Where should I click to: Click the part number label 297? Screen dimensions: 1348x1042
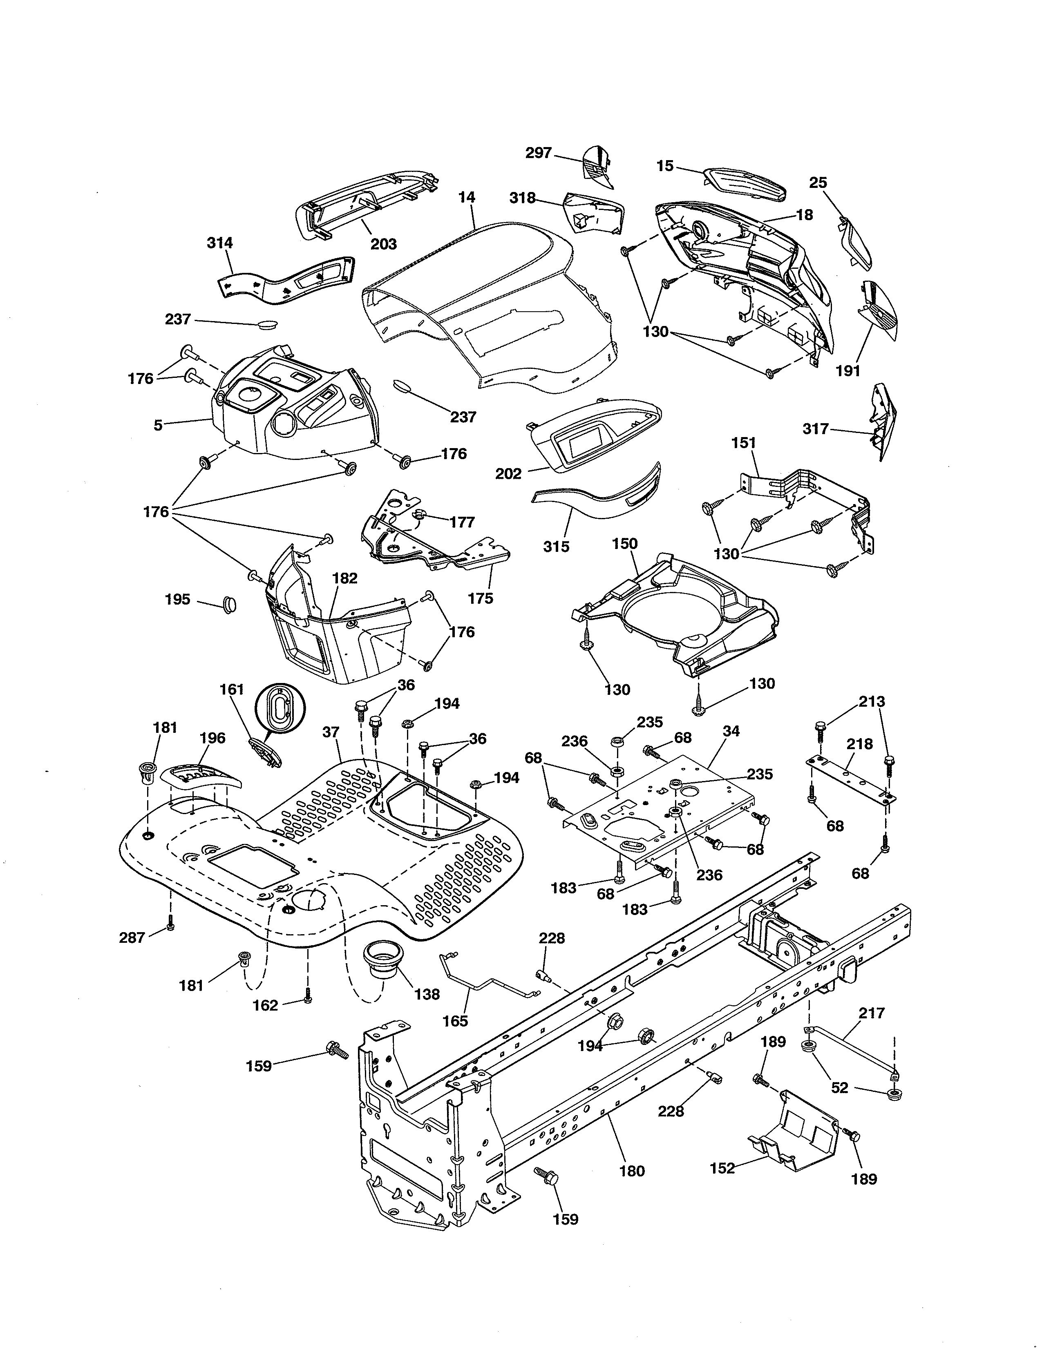coord(538,152)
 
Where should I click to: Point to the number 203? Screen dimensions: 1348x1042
coord(383,244)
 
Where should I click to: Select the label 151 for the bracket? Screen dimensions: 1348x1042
coord(743,442)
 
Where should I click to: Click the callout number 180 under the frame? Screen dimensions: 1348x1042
coord(631,1171)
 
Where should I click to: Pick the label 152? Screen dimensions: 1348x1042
coord(722,1168)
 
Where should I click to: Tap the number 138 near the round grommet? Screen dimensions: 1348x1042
coord(427,994)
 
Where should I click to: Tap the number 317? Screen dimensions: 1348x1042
coord(815,429)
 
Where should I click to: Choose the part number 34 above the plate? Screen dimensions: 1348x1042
coord(731,731)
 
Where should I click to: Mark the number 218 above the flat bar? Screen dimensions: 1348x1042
coord(859,744)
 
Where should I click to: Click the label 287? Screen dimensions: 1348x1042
coord(132,937)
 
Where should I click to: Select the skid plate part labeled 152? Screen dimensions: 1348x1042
coord(796,1134)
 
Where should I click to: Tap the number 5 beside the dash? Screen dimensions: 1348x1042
coord(158,425)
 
